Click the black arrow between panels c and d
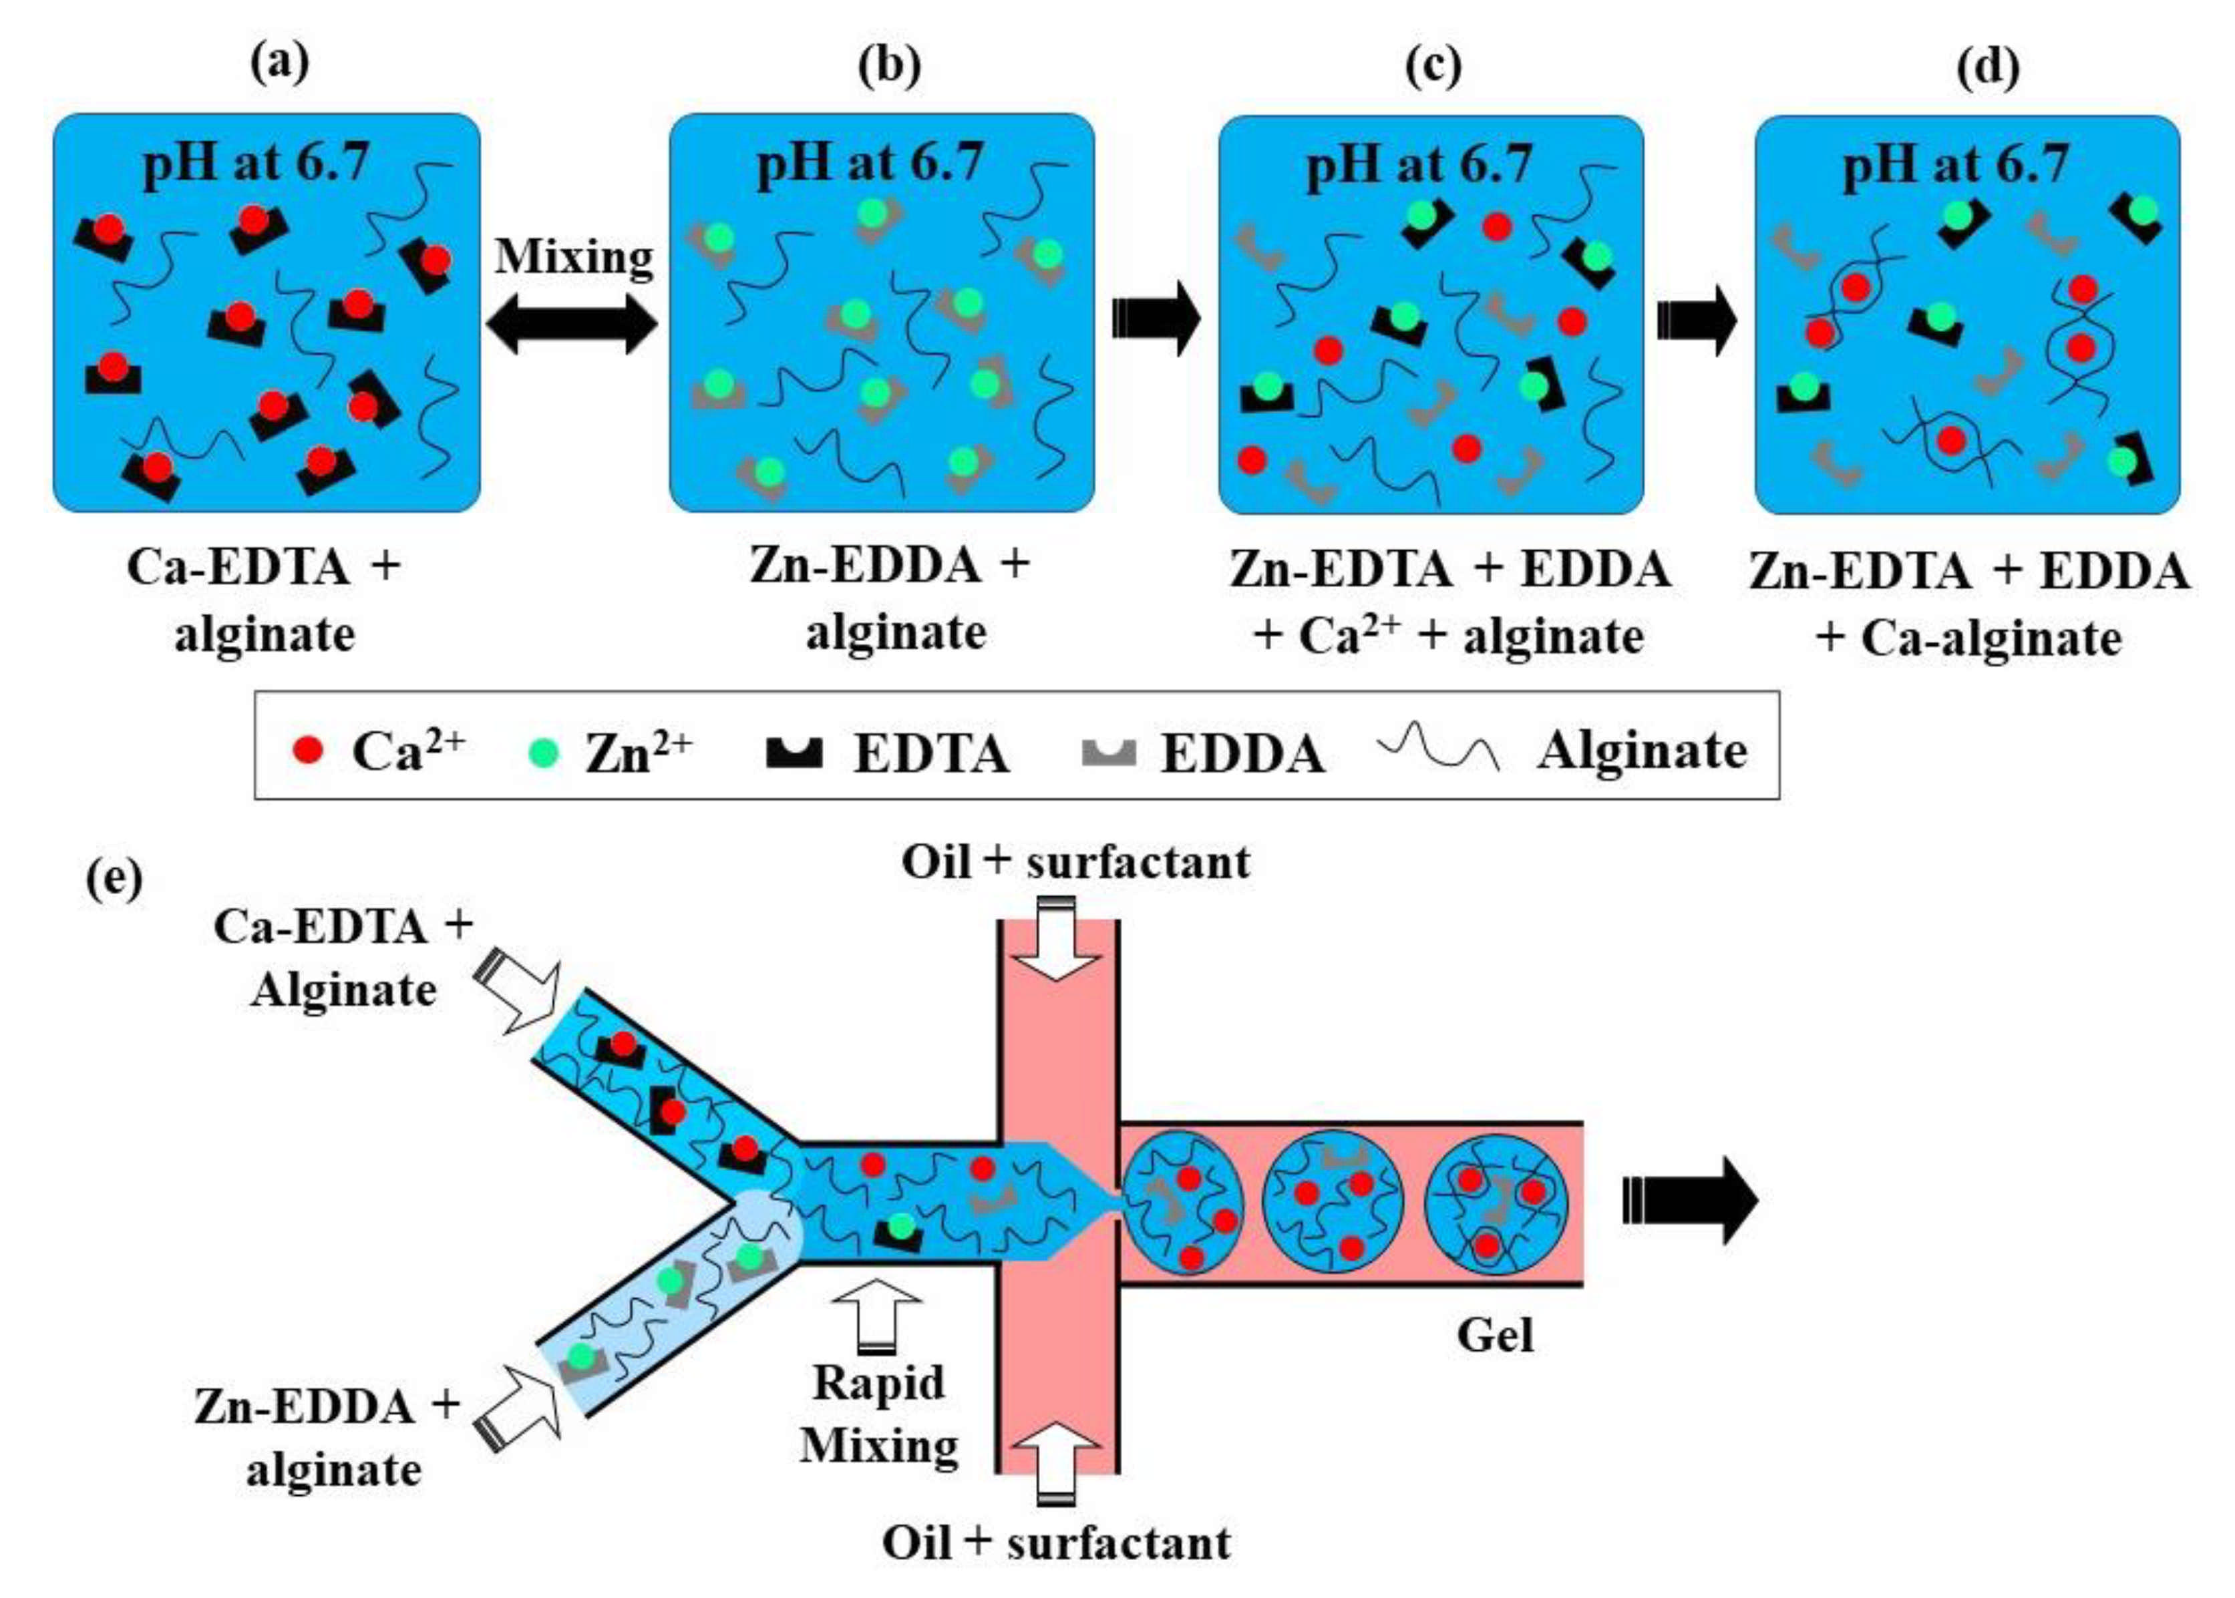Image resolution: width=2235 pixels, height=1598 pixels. coord(1698,321)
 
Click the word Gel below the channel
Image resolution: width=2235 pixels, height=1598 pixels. coord(1495,1336)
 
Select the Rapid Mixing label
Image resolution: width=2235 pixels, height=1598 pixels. coord(879,1414)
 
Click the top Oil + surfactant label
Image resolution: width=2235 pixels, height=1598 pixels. coord(1075,862)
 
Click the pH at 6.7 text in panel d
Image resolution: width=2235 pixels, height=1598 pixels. coord(1956,164)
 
